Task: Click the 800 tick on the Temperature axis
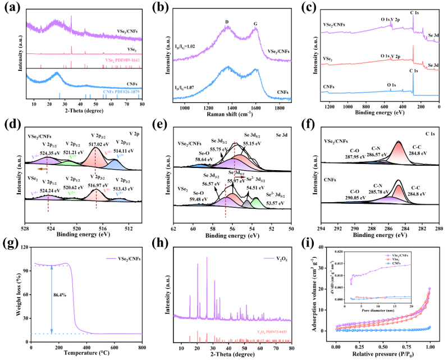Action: (x=142, y=348)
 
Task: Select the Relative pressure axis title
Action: (x=383, y=356)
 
